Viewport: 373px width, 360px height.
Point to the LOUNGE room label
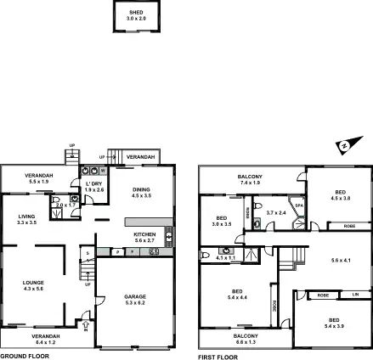click(34, 284)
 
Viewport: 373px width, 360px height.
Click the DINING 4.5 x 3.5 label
click(140, 193)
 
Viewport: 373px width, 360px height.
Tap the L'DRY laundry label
click(93, 186)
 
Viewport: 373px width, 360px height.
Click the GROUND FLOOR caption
click(25, 357)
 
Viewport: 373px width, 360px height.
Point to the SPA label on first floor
click(298, 205)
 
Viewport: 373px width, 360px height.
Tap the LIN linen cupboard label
click(355, 295)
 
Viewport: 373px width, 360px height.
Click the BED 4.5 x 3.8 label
click(339, 195)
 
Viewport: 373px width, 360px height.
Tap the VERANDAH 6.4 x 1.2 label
click(46, 339)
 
